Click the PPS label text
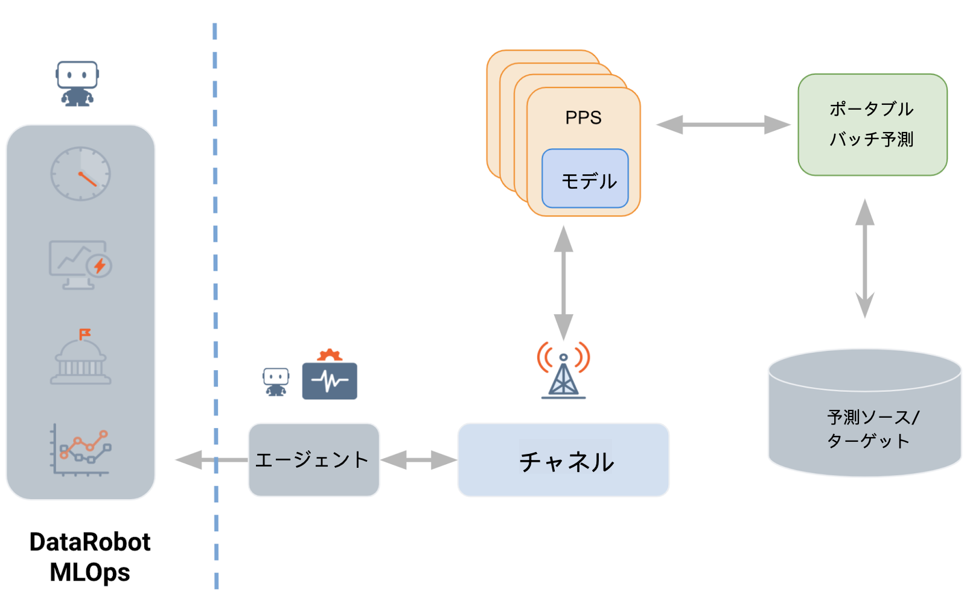pyautogui.click(x=583, y=118)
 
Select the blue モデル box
pyautogui.click(x=585, y=179)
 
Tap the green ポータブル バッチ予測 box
pyautogui.click(x=872, y=125)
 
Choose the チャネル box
pyautogui.click(x=563, y=461)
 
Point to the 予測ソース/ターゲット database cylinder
pyautogui.click(x=864, y=416)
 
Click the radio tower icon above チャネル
pyautogui.click(x=563, y=371)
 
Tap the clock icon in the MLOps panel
pyautogui.click(x=80, y=174)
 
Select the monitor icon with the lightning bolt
pyautogui.click(x=80, y=265)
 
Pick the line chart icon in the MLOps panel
pyautogui.click(x=81, y=450)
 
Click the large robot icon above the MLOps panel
pyautogui.click(x=77, y=83)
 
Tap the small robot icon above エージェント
pyautogui.click(x=276, y=382)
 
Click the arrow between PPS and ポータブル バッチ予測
pyautogui.click(x=723, y=125)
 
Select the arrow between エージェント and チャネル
pyautogui.click(x=418, y=461)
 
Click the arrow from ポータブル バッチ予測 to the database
pyautogui.click(x=865, y=259)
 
